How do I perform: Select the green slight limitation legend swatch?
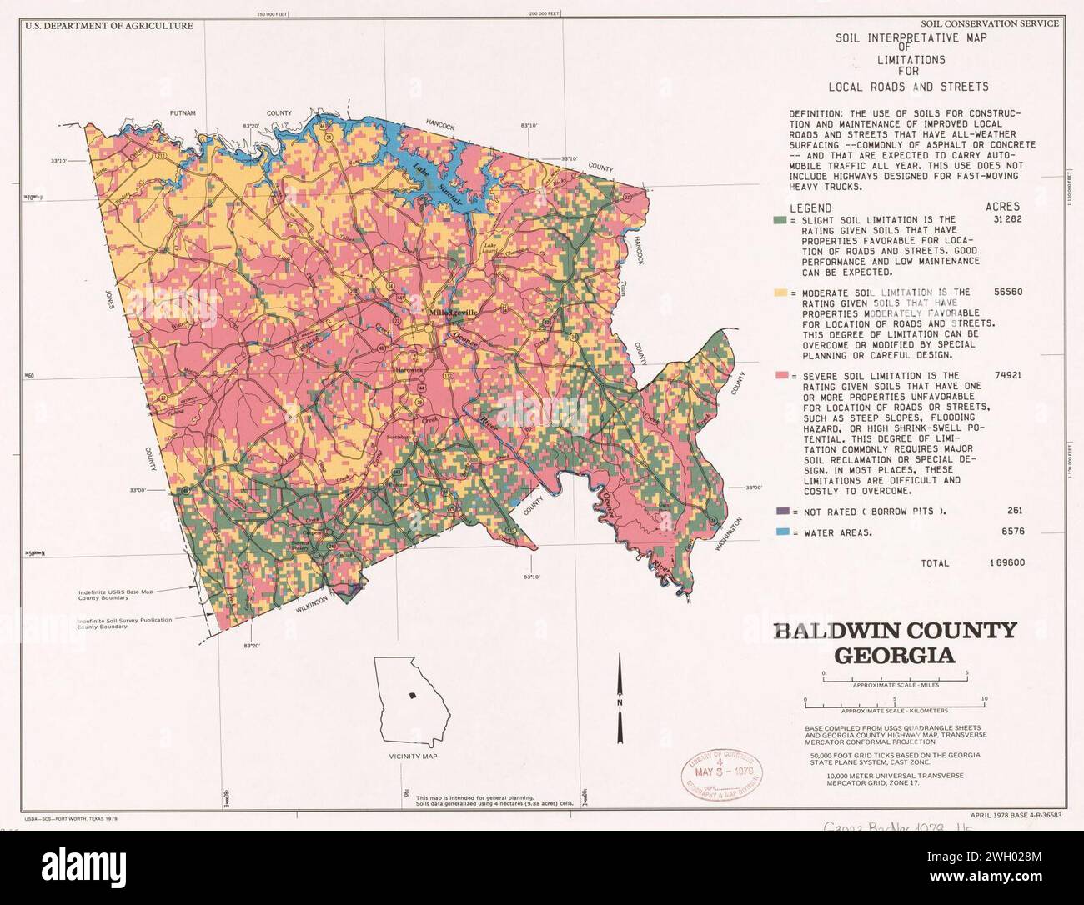[x=780, y=220]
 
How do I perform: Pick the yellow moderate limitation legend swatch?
[x=780, y=293]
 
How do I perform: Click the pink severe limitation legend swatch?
[x=780, y=377]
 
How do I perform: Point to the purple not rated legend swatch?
[x=780, y=511]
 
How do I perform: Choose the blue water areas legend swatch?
[x=780, y=532]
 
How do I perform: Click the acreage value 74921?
[x=1006, y=375]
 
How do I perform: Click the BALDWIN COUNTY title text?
[x=895, y=630]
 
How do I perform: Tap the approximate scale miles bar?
[x=895, y=676]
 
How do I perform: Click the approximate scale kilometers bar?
[x=894, y=703]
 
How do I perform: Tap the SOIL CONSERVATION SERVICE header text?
[x=990, y=23]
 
